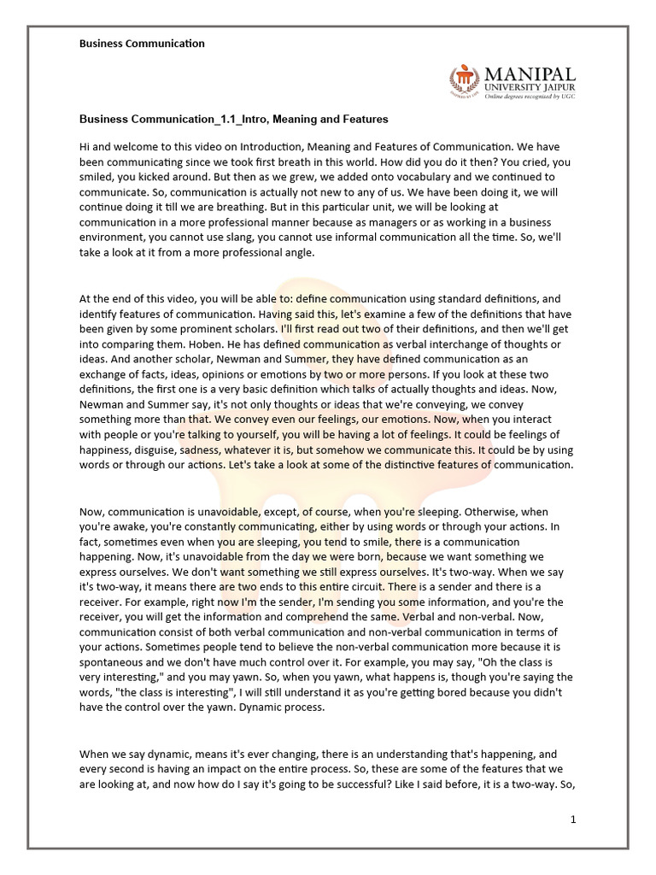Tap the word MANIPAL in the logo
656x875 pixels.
[x=530, y=74]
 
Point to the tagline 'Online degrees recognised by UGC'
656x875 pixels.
[x=530, y=97]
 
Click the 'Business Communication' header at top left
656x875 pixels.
[x=142, y=43]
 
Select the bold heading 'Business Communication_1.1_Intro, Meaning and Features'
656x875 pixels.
[x=234, y=119]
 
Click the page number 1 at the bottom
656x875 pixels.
[x=574, y=819]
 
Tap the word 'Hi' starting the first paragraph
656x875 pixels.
[x=85, y=147]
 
